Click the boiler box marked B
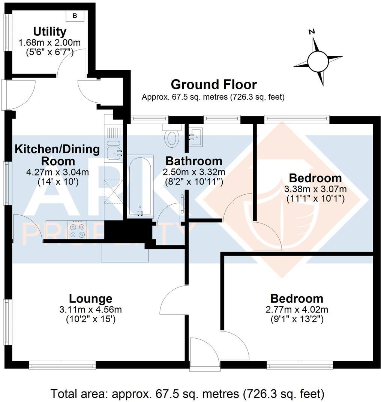pyautogui.click(x=75, y=16)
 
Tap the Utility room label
pyautogui.click(x=50, y=31)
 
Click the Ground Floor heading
pyautogui.click(x=214, y=84)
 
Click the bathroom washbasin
pyautogui.click(x=196, y=136)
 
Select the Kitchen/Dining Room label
pyautogui.click(x=57, y=155)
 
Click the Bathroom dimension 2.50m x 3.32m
pyautogui.click(x=193, y=172)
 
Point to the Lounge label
pyautogui.click(x=91, y=299)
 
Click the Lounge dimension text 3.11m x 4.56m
pyautogui.click(x=91, y=310)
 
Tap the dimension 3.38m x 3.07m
pyautogui.click(x=315, y=189)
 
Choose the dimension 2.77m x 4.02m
pyautogui.click(x=297, y=310)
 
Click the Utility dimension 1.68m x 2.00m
pyautogui.click(x=50, y=43)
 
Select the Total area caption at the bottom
pyautogui.click(x=187, y=394)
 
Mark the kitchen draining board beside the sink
pyautogui.click(x=114, y=133)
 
